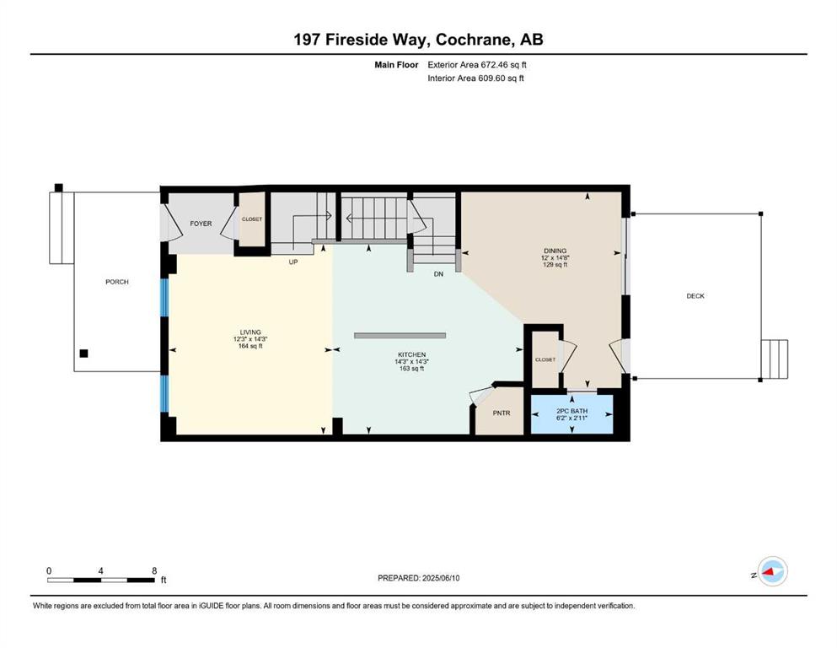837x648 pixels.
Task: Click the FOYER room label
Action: click(x=201, y=224)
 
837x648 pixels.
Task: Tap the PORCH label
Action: click(x=117, y=282)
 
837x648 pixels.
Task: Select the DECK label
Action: click(x=695, y=296)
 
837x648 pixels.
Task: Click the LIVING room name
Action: click(x=250, y=332)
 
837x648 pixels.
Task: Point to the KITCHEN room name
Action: click(x=411, y=354)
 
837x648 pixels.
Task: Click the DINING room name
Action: click(x=555, y=251)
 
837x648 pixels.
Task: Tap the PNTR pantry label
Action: click(x=502, y=413)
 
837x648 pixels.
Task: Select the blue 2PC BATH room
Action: click(x=571, y=414)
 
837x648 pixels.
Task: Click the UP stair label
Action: click(x=293, y=262)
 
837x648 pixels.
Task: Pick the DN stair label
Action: click(x=438, y=274)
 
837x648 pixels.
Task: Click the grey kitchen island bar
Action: click(x=400, y=336)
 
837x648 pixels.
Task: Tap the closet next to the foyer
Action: click(x=252, y=219)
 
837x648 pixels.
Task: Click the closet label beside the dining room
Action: click(x=545, y=359)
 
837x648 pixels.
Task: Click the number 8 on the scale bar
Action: click(x=154, y=570)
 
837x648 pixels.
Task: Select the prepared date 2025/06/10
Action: click(x=441, y=578)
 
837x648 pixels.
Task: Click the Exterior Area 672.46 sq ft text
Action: click(x=477, y=65)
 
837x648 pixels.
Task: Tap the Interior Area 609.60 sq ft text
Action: click(x=475, y=78)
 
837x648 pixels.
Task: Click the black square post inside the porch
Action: click(x=83, y=354)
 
